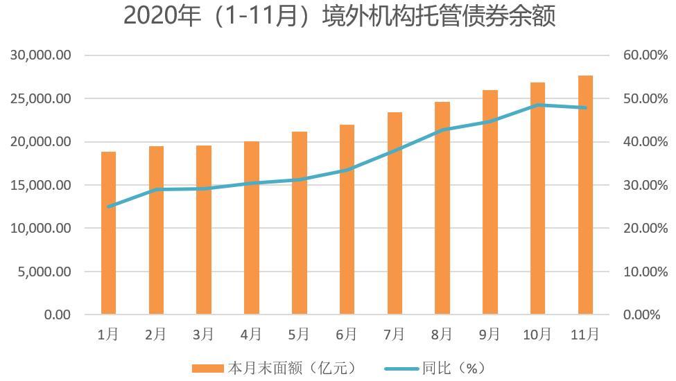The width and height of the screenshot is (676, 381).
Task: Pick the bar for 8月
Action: pos(442,208)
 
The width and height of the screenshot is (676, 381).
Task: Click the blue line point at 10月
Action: pos(538,105)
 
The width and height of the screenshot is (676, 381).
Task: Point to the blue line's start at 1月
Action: pos(108,206)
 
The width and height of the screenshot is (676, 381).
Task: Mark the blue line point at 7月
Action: pos(395,150)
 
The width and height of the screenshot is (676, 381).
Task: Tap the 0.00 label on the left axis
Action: pos(58,315)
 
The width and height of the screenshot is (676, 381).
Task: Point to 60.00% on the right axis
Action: pos(641,55)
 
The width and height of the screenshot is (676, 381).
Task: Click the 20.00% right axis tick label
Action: pos(641,229)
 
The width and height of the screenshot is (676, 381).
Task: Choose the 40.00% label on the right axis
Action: pos(641,142)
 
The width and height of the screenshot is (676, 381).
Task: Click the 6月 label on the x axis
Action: pos(346,335)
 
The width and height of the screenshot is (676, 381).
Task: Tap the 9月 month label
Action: pos(489,335)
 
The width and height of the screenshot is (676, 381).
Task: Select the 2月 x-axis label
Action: pos(155,335)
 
